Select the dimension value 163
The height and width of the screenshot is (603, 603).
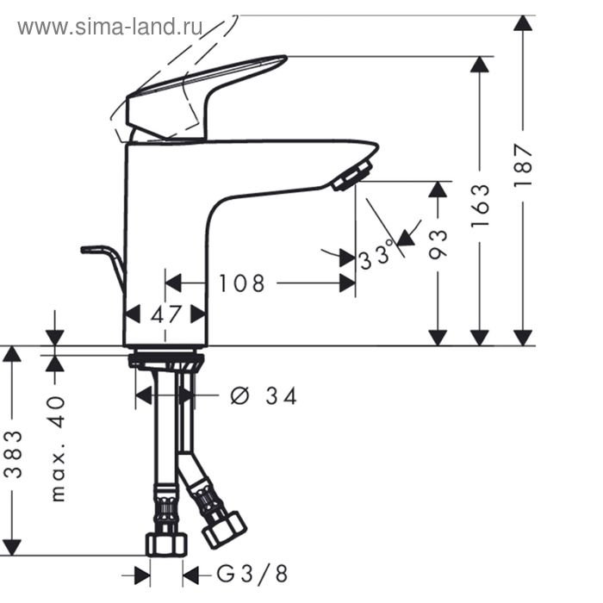tap(481, 204)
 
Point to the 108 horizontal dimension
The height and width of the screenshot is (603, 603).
tap(241, 283)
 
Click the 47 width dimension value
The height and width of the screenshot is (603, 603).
tap(166, 314)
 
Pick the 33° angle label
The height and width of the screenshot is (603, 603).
tap(376, 257)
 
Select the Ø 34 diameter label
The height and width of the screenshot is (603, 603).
tap(264, 395)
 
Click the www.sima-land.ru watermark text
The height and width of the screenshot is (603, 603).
tap(109, 27)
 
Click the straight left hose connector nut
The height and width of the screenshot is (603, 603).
tap(166, 544)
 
